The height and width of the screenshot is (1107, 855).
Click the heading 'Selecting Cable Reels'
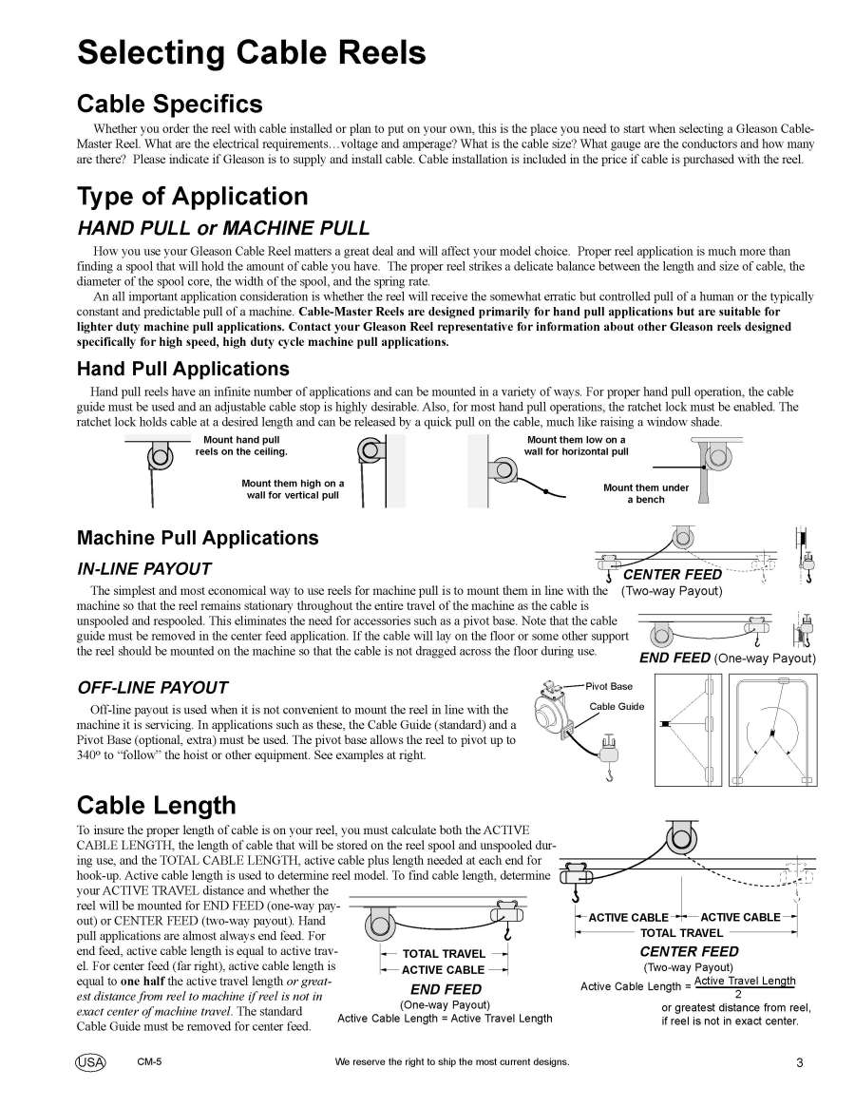(x=252, y=52)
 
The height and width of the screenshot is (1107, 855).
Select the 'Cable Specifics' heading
(x=169, y=103)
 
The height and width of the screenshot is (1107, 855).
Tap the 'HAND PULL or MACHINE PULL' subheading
(x=223, y=228)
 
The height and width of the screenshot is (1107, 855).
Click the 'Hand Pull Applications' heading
(x=182, y=368)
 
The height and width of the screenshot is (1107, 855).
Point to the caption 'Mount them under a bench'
(x=646, y=493)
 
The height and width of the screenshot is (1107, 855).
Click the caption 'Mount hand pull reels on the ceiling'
(x=241, y=446)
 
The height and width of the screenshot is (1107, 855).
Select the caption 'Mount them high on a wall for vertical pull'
(x=293, y=489)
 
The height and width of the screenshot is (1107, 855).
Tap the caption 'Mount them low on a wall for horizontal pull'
(x=576, y=446)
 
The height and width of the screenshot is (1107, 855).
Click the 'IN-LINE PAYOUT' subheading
(x=143, y=569)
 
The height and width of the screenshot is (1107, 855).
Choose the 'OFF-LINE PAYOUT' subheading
(x=152, y=687)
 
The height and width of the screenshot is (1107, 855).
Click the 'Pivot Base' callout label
(x=609, y=685)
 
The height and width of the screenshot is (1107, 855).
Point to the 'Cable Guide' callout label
(x=617, y=706)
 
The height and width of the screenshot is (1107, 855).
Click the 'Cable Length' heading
(x=156, y=805)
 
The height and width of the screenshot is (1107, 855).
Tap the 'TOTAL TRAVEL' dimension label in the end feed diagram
(x=444, y=953)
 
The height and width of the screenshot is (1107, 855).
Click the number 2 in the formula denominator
(x=738, y=994)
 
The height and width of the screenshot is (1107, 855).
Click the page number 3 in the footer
(x=799, y=1062)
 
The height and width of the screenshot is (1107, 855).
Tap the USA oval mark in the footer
(x=90, y=1061)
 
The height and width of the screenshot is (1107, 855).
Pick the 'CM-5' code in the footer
(x=149, y=1061)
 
